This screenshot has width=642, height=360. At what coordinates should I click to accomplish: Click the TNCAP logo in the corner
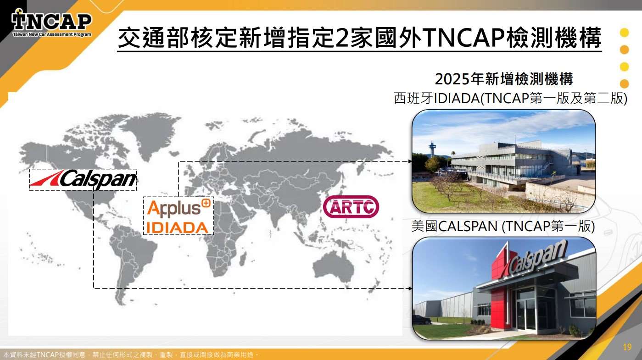pyautogui.click(x=51, y=23)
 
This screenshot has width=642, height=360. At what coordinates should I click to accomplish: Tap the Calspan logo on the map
pyautogui.click(x=83, y=180)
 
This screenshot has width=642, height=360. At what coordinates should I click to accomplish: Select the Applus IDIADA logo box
pyautogui.click(x=178, y=216)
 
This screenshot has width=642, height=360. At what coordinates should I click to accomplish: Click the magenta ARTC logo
pyautogui.click(x=351, y=207)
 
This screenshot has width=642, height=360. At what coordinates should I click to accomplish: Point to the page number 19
pyautogui.click(x=627, y=347)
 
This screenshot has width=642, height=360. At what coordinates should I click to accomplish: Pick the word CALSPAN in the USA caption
pyautogui.click(x=468, y=226)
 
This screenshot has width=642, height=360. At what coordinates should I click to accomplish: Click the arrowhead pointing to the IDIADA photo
pyautogui.click(x=410, y=161)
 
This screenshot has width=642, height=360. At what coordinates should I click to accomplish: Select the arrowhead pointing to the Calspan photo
pyautogui.click(x=410, y=288)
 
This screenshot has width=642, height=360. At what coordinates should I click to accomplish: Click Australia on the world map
pyautogui.click(x=332, y=267)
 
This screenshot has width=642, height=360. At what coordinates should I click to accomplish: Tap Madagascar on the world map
pyautogui.click(x=243, y=259)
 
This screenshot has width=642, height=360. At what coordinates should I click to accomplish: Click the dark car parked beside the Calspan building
pyautogui.click(x=423, y=320)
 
